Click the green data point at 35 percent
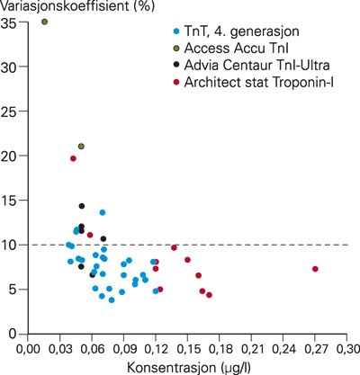coord(44,22)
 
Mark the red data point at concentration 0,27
coord(315,269)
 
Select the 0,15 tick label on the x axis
coord(187,349)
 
